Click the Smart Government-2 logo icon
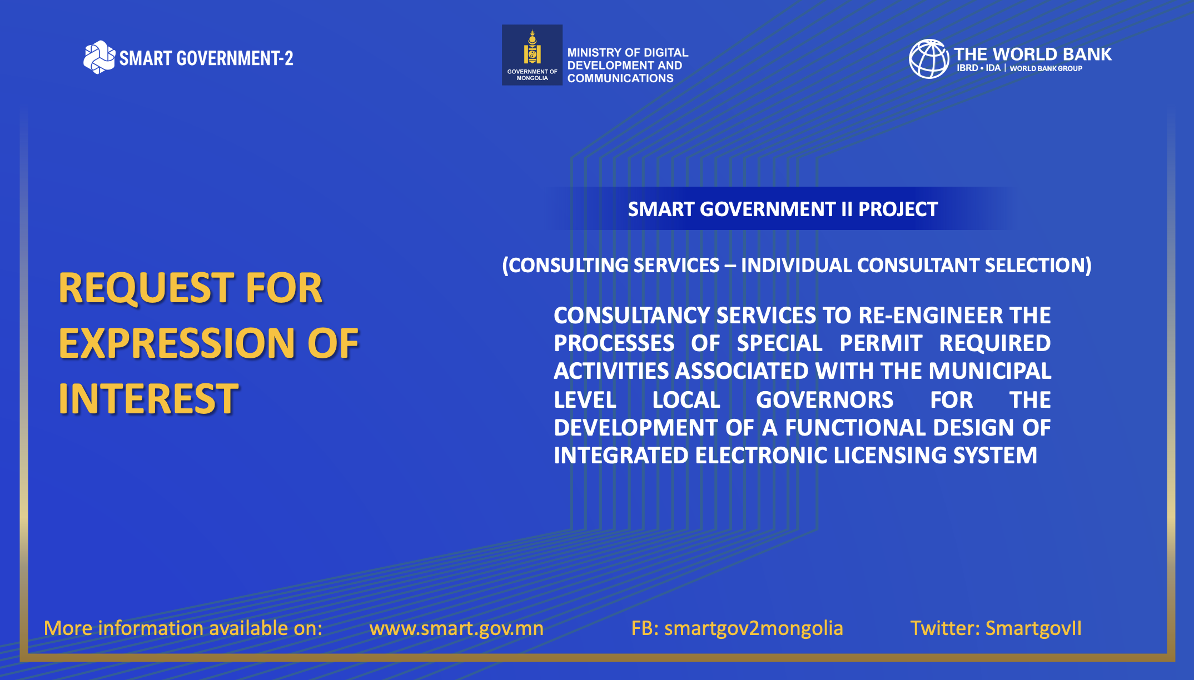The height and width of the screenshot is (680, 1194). (x=99, y=57)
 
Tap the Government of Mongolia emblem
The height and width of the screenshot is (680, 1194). (x=532, y=54)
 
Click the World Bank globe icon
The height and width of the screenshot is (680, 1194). (x=929, y=59)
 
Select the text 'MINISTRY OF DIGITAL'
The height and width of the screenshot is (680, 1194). (x=628, y=53)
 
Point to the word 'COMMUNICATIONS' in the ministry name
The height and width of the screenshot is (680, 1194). (x=620, y=78)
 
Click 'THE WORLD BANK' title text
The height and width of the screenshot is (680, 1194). (x=1033, y=54)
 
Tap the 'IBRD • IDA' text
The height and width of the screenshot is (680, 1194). (x=978, y=68)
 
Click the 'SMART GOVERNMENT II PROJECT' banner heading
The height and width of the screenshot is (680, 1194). (x=783, y=209)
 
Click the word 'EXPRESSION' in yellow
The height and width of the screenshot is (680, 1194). (x=177, y=343)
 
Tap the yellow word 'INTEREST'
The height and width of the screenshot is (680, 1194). (x=149, y=399)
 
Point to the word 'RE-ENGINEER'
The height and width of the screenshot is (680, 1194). (x=930, y=316)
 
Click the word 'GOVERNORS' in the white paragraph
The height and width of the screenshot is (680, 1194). (x=824, y=400)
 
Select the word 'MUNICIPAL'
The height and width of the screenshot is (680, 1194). (x=989, y=371)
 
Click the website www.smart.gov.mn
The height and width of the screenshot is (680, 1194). (x=456, y=628)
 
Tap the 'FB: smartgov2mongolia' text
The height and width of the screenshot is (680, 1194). (x=737, y=628)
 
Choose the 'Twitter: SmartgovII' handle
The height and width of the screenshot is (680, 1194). (x=996, y=628)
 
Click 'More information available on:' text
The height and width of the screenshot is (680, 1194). (x=183, y=628)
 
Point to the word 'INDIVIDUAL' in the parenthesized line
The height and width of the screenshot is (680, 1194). (x=796, y=266)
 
